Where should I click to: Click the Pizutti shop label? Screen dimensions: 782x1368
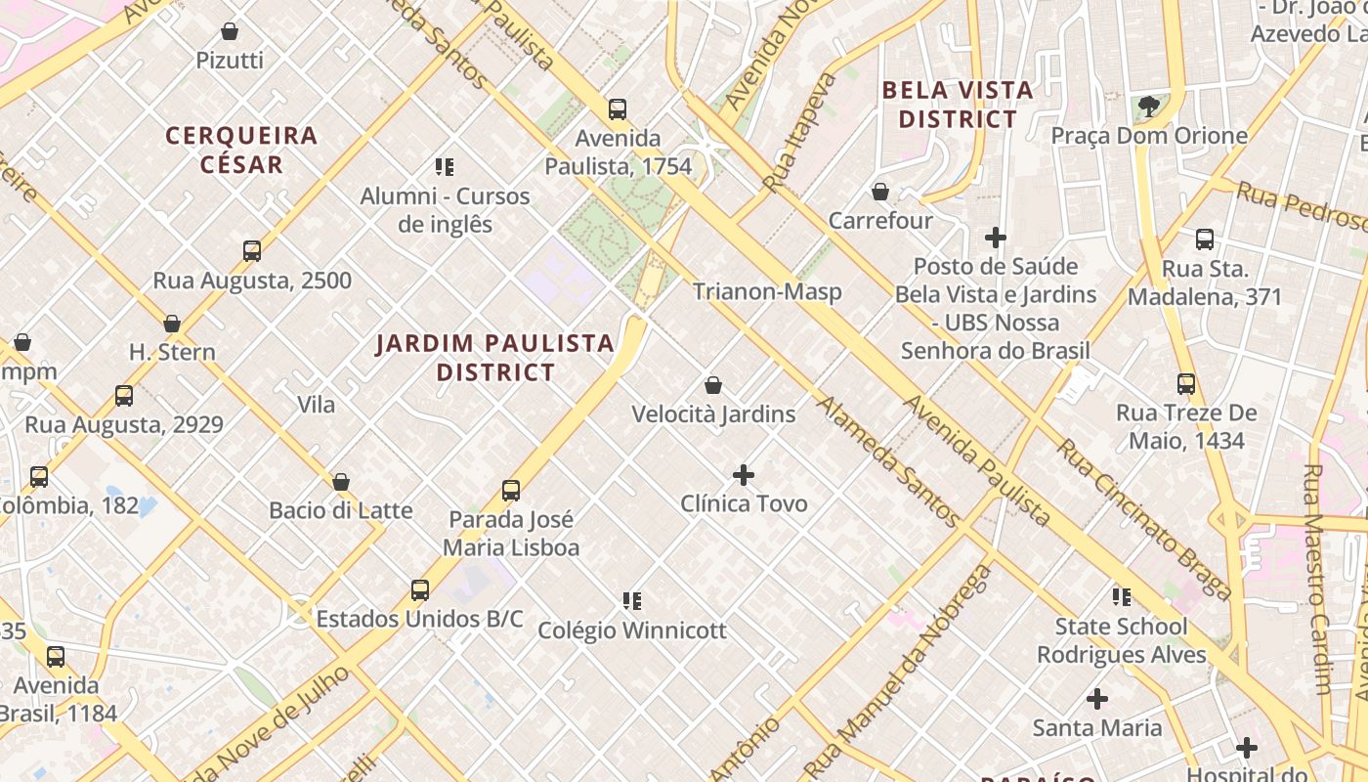point(230,61)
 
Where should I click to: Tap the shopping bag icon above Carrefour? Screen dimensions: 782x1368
point(880,192)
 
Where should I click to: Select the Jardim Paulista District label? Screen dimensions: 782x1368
point(495,358)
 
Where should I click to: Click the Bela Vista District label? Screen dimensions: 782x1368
point(958,105)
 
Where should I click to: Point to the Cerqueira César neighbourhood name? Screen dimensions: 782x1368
point(241,150)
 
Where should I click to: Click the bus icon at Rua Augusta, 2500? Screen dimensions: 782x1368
point(252,251)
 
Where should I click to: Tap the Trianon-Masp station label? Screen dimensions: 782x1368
point(767,291)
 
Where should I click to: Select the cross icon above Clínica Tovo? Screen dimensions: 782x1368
point(744,475)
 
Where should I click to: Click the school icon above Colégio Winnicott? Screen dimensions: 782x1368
point(632,600)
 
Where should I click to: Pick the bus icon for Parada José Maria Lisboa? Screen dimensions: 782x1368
point(511,490)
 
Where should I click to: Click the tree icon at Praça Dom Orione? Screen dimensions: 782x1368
point(1149,106)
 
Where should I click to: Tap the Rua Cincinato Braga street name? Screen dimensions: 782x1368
point(1144,518)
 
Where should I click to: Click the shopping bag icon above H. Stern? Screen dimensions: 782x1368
point(172,324)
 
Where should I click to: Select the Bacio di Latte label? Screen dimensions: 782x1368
point(341,510)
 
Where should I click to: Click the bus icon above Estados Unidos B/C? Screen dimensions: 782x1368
point(420,590)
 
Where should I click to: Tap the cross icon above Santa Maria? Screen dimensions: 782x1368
point(1097,699)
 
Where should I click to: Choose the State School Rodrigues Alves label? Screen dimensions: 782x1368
point(1122,640)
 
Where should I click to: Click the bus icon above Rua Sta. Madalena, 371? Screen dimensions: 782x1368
point(1205,239)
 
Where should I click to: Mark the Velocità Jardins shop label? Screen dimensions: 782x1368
point(713,414)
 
